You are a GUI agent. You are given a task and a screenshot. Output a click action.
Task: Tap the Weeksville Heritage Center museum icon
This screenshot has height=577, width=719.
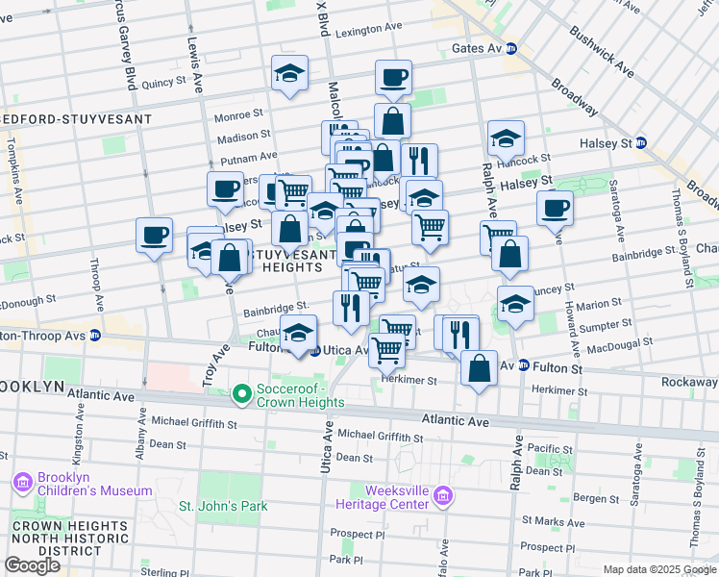coord(442,496)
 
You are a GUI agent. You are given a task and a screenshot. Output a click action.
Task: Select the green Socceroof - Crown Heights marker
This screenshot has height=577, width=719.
coord(241,394)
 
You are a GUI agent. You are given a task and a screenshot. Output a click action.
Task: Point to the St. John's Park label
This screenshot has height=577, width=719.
coord(223,506)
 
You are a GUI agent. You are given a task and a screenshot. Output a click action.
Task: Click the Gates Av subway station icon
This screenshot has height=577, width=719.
coord(511,48)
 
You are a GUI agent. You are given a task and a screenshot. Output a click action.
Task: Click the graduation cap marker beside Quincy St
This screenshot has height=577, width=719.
coord(288,74)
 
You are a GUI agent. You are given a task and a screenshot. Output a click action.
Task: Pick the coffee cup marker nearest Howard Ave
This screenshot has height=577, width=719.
coord(555,207)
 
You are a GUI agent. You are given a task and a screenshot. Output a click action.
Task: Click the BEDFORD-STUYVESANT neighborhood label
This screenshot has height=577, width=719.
coord(77,119)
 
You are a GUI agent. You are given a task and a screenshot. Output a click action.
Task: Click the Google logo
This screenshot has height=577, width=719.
coord(32,564)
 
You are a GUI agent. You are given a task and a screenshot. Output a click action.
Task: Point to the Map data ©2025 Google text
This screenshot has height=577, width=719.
coord(657,569)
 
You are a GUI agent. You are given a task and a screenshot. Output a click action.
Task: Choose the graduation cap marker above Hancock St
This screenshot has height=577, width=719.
coord(506,138)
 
